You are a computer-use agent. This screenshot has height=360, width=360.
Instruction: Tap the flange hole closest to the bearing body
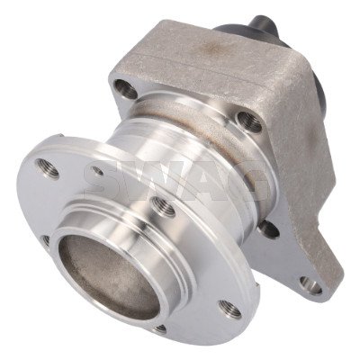[163, 206]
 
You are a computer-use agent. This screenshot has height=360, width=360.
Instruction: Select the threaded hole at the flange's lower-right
[229, 309]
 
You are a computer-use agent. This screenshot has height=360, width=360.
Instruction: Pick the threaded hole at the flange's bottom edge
[160, 328]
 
